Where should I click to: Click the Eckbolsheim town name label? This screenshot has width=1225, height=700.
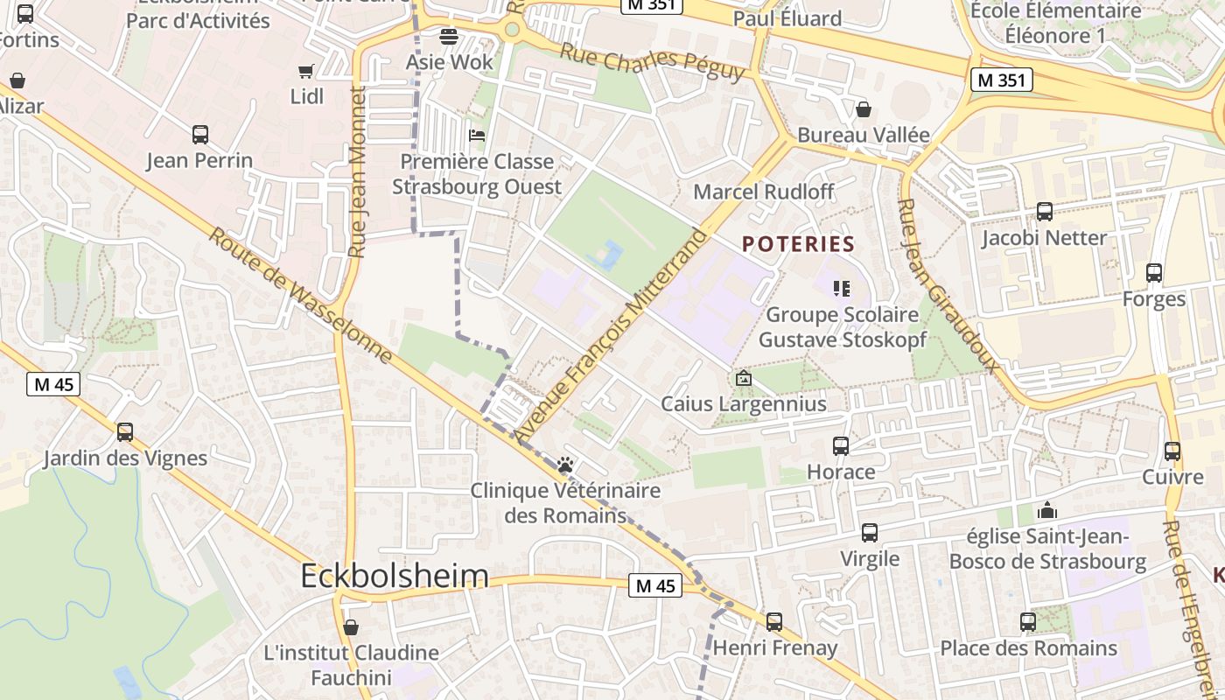click(395, 576)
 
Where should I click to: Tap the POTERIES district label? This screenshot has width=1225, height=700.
click(798, 244)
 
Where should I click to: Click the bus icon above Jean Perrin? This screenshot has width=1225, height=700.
click(200, 135)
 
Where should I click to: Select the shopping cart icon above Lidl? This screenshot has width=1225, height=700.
click(306, 71)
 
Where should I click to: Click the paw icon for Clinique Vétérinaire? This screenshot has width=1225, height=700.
click(565, 465)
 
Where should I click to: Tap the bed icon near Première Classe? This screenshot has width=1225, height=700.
click(477, 136)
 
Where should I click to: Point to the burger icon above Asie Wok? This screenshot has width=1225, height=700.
click(449, 37)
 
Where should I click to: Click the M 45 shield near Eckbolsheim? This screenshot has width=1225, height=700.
click(655, 585)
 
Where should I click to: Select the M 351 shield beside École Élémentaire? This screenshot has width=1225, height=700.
click(1002, 80)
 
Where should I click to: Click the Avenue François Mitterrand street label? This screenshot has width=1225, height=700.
click(610, 335)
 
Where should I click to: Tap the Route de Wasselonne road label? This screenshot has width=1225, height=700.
click(301, 297)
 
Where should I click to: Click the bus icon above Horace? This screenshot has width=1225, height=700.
click(841, 446)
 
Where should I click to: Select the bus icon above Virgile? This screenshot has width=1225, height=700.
click(870, 533)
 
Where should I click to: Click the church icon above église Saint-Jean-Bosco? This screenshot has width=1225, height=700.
click(1047, 510)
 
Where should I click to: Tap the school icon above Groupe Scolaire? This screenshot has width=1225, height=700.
click(842, 288)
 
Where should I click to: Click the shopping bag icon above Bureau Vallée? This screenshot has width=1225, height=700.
click(864, 109)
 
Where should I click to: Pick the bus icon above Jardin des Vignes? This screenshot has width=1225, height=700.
click(125, 432)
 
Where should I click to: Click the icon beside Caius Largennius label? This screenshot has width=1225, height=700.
click(744, 379)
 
